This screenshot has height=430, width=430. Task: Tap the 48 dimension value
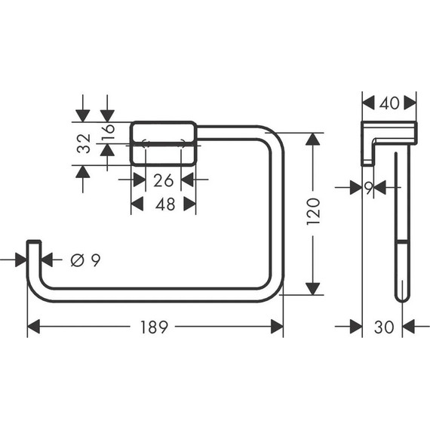pos(164,204)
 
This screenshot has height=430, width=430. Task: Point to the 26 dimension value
pos(164,180)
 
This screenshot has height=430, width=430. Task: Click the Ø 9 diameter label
pos(84,260)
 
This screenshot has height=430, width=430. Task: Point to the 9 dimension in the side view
pos(369,189)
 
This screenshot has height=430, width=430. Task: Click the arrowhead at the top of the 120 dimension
pos(313,140)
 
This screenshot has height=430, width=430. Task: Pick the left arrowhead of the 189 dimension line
pos(34,327)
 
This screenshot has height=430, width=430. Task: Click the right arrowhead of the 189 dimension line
pos(277,327)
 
